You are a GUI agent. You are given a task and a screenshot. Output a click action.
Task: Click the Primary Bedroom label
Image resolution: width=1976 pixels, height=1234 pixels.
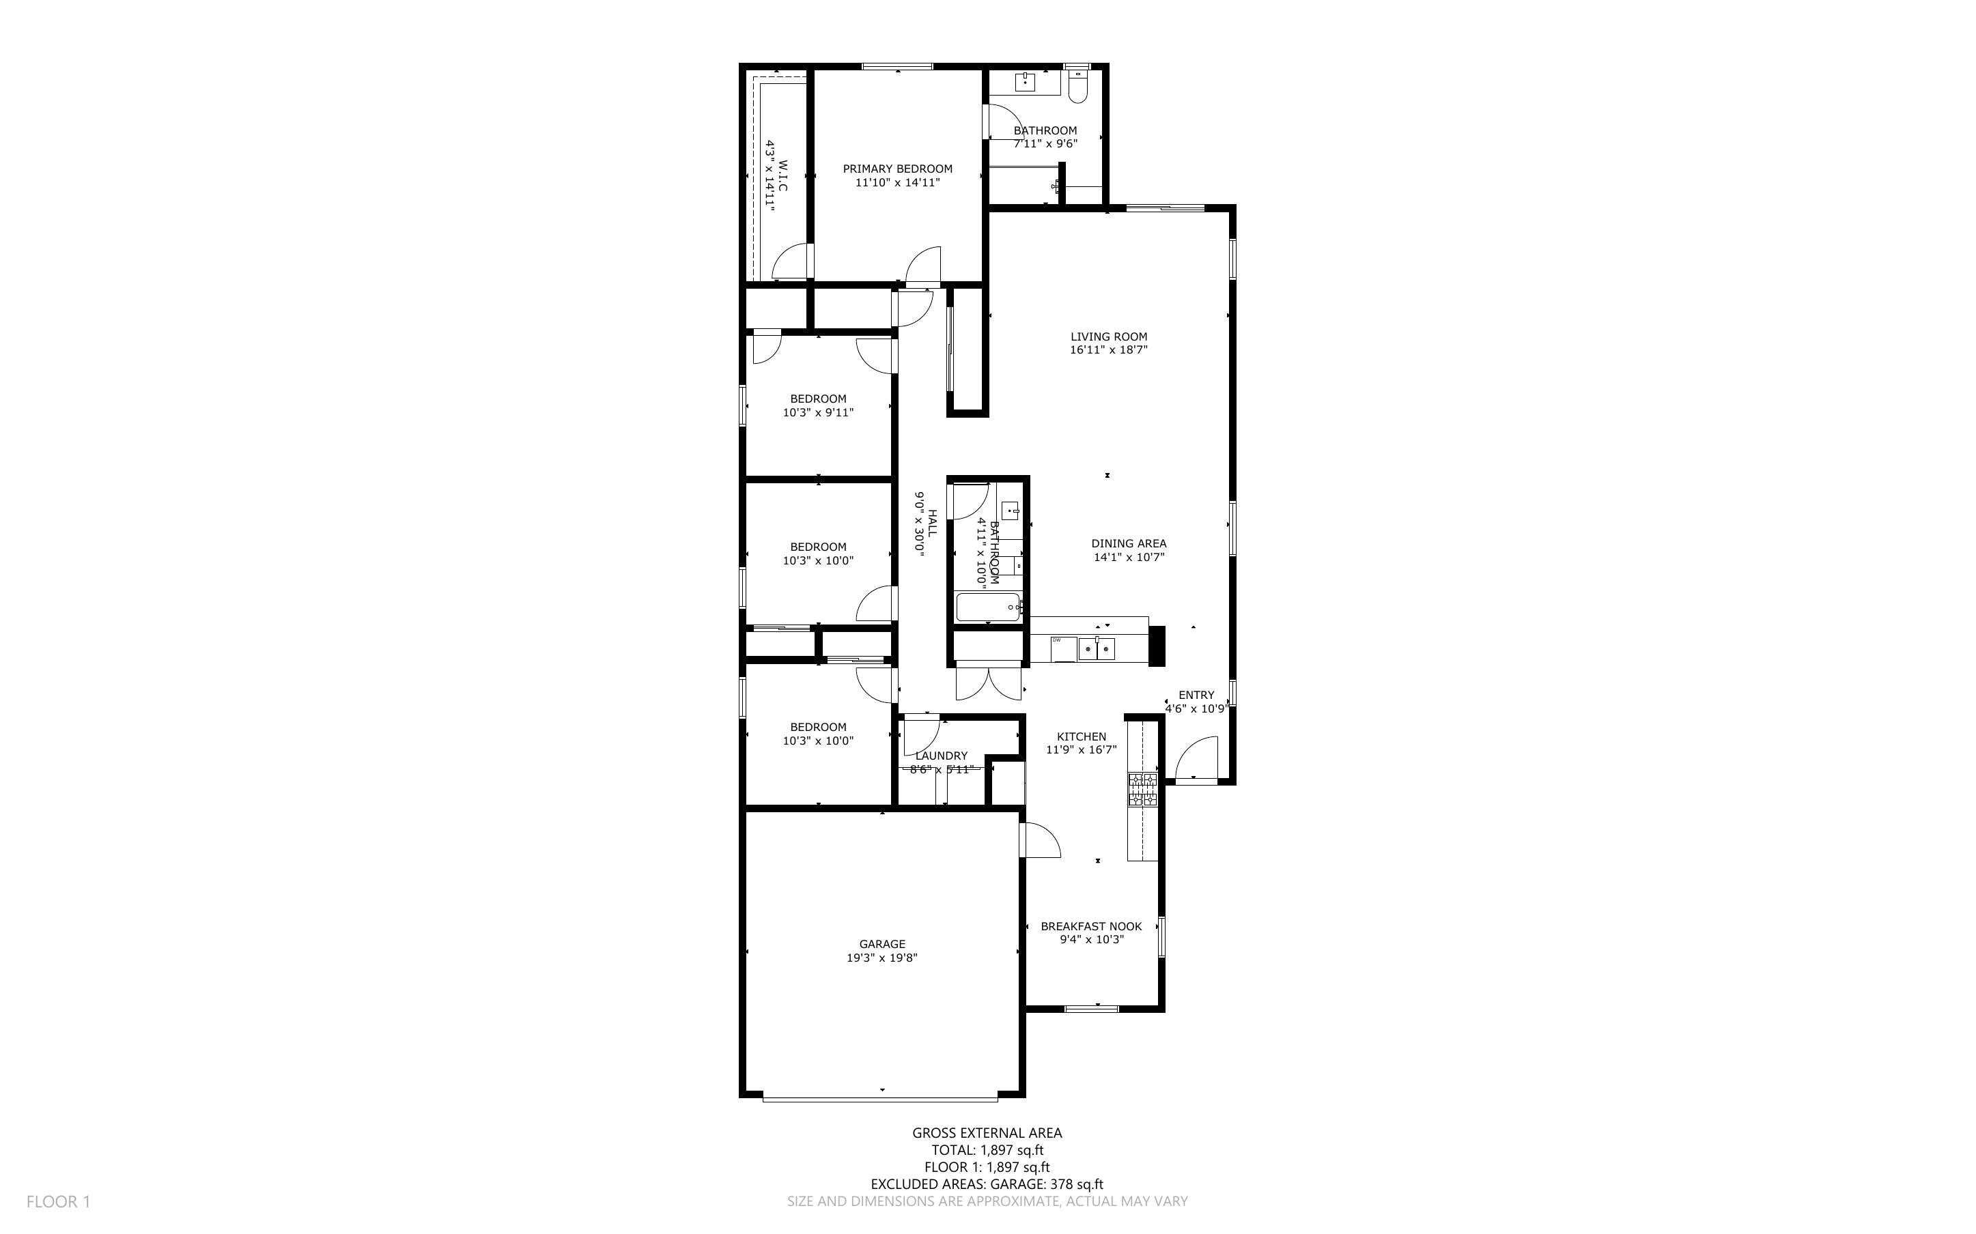click(897, 169)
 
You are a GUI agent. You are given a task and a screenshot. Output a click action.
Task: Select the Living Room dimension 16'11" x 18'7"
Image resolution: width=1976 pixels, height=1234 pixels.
click(1108, 350)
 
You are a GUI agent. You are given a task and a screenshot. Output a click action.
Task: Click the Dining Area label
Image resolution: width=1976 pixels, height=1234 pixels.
click(1128, 543)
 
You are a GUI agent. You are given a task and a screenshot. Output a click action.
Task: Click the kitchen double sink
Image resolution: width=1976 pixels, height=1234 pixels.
click(1096, 650)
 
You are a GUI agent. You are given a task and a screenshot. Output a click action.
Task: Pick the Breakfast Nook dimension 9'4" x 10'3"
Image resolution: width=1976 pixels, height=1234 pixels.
click(1091, 939)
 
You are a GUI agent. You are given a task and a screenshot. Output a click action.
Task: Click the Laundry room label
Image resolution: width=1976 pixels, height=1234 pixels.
click(941, 756)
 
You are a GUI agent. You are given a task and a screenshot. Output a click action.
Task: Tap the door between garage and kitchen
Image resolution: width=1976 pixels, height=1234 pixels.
click(1041, 841)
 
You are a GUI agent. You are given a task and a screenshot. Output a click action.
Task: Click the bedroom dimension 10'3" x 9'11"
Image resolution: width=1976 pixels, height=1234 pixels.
click(818, 413)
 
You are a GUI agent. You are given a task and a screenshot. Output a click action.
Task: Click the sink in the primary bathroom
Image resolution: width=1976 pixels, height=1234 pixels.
click(1025, 82)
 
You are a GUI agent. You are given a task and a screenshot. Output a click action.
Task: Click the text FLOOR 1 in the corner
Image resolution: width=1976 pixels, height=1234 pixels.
click(58, 1201)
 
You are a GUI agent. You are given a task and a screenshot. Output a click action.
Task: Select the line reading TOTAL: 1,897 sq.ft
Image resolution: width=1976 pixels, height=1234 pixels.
click(987, 1150)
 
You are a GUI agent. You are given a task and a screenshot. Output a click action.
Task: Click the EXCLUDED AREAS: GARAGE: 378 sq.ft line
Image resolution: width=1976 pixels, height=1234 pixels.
click(987, 1184)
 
